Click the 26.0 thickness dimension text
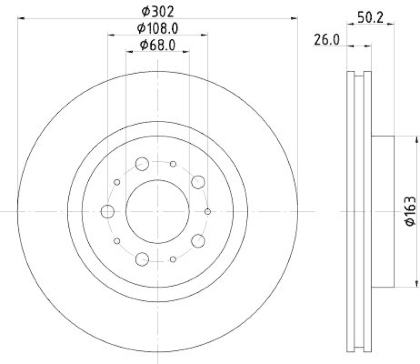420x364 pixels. (x=325, y=39)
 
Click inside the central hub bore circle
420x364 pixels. (x=157, y=211)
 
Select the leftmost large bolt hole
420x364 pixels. (x=107, y=211)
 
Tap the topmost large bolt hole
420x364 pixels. (x=142, y=164)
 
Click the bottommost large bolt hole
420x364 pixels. (x=142, y=258)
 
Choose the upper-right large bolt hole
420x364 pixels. (x=198, y=182)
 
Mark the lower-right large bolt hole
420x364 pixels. (x=198, y=241)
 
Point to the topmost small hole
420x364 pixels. (x=173, y=164)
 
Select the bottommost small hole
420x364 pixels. (x=173, y=259)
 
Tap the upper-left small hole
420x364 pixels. (x=117, y=182)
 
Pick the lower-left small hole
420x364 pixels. (x=117, y=241)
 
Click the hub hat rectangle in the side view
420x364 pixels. (x=383, y=211)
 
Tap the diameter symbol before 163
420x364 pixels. (x=410, y=225)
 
